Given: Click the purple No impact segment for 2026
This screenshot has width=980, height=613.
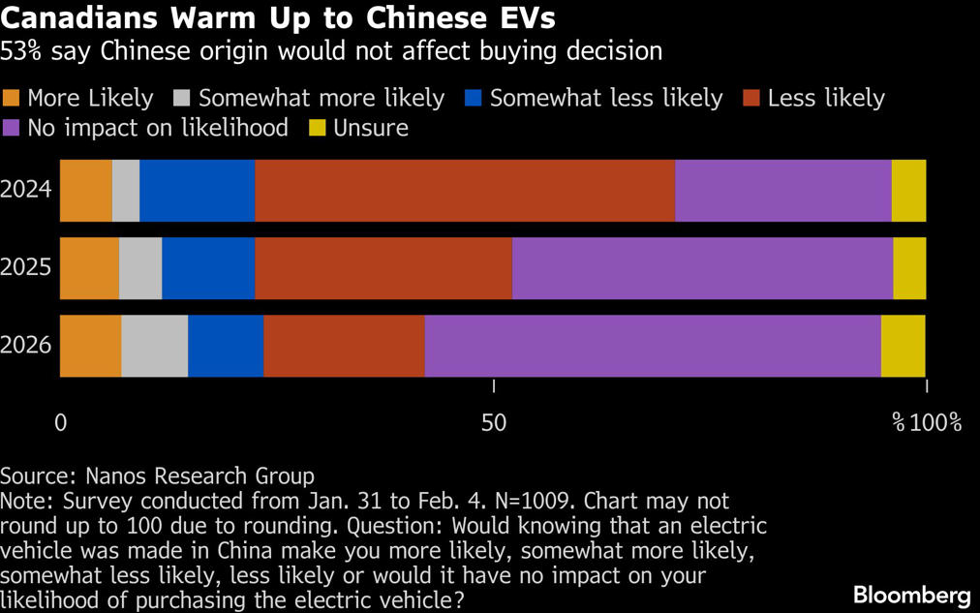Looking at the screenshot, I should click(653, 346).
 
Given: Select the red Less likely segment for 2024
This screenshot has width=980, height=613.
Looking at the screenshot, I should click(465, 191).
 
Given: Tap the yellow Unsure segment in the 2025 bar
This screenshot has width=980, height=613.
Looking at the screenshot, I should click(909, 268).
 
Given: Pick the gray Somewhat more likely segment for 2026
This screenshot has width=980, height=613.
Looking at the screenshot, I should click(155, 346).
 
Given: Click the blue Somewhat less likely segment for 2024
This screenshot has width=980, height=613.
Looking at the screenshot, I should click(198, 191).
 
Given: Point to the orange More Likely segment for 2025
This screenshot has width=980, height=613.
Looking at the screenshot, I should click(90, 268).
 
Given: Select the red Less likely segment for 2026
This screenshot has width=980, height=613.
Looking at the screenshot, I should click(344, 346).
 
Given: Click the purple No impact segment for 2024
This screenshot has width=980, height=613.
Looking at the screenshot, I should click(782, 191).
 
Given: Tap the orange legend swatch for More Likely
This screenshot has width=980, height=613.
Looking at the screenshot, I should click(12, 99).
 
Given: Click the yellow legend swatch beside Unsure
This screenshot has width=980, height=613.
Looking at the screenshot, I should click(317, 128).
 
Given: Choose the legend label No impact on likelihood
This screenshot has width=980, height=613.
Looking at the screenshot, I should click(158, 128).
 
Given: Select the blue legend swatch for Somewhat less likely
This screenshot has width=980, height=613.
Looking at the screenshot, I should click(475, 99).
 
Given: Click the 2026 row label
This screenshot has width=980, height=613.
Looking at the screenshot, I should click(26, 346).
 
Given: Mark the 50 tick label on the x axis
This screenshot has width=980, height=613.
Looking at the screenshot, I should click(494, 423).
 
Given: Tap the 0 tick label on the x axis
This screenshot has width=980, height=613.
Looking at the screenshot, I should click(61, 423).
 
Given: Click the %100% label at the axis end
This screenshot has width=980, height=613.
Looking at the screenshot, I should click(927, 423).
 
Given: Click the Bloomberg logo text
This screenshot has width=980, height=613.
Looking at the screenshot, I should click(911, 593).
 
